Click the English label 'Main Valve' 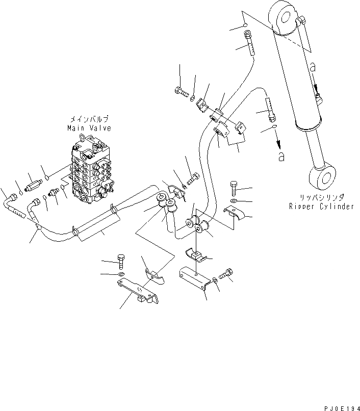click(x=89, y=128)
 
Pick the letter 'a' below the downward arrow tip click(x=281, y=157)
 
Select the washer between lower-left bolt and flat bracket click(x=121, y=276)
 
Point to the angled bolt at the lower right click(x=226, y=274)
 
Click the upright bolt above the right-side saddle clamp click(x=234, y=188)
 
